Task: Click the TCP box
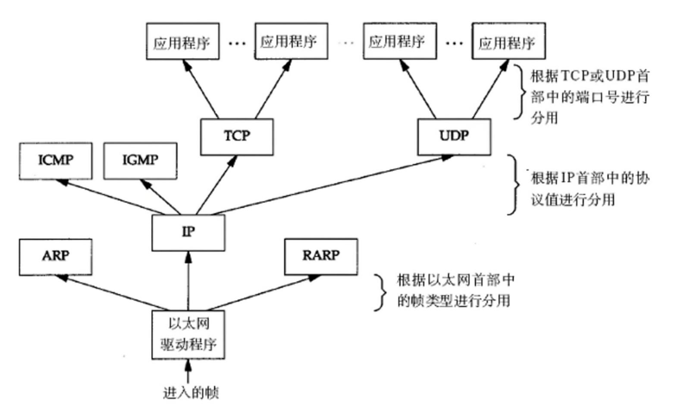[237, 137]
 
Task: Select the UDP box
[454, 137]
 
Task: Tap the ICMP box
[56, 161]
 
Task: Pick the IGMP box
[140, 161]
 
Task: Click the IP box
[188, 233]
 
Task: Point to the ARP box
[56, 257]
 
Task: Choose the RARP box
[321, 257]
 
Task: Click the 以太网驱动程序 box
[188, 335]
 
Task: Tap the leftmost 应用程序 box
[183, 41]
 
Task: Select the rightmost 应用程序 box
[508, 41]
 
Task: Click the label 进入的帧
[191, 393]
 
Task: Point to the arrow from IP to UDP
[332, 185]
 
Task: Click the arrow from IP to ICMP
[111, 197]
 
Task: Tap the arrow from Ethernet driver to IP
[188, 281]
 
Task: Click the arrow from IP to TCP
[216, 185]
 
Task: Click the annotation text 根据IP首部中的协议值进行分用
[590, 189]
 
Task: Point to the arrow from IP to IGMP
[160, 197]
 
